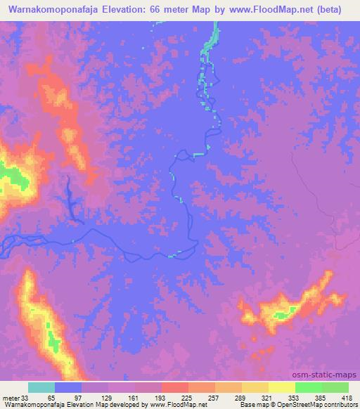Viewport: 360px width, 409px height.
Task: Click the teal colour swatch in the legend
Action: tap(41, 387)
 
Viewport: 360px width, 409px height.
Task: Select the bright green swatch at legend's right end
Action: tap(335, 387)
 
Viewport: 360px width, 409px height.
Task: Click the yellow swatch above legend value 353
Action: tap(281, 387)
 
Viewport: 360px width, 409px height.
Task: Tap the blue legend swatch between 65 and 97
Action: tap(68, 387)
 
